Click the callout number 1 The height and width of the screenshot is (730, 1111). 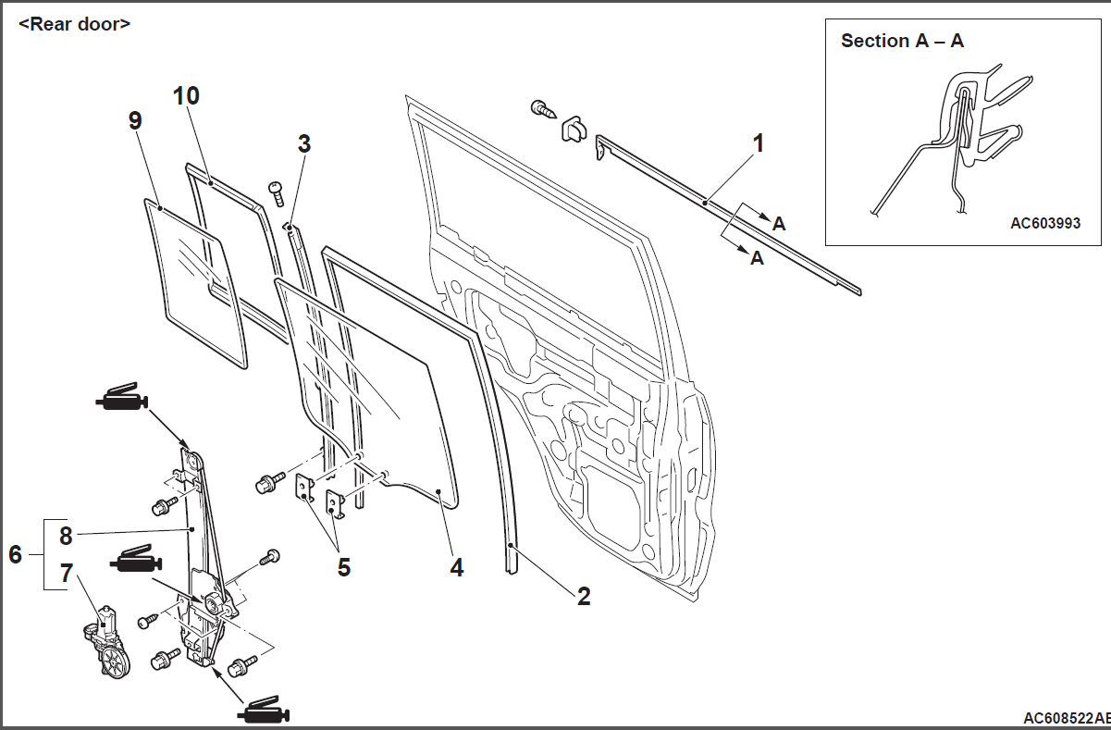click(758, 143)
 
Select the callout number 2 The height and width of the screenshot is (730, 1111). click(583, 596)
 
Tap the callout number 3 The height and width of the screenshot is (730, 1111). click(303, 143)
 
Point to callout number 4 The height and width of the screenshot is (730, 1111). click(456, 566)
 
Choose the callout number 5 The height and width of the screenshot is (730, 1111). click(343, 566)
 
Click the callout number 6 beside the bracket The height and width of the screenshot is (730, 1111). click(15, 554)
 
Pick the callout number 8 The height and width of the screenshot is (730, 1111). click(65, 535)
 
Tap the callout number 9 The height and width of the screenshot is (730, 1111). click(135, 120)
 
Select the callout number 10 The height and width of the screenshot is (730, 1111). click(186, 95)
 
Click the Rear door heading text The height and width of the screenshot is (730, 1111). click(74, 24)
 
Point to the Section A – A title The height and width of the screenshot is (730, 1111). click(902, 41)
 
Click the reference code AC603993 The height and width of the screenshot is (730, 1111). click(1045, 223)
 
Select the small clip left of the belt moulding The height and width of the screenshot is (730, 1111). click(574, 128)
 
